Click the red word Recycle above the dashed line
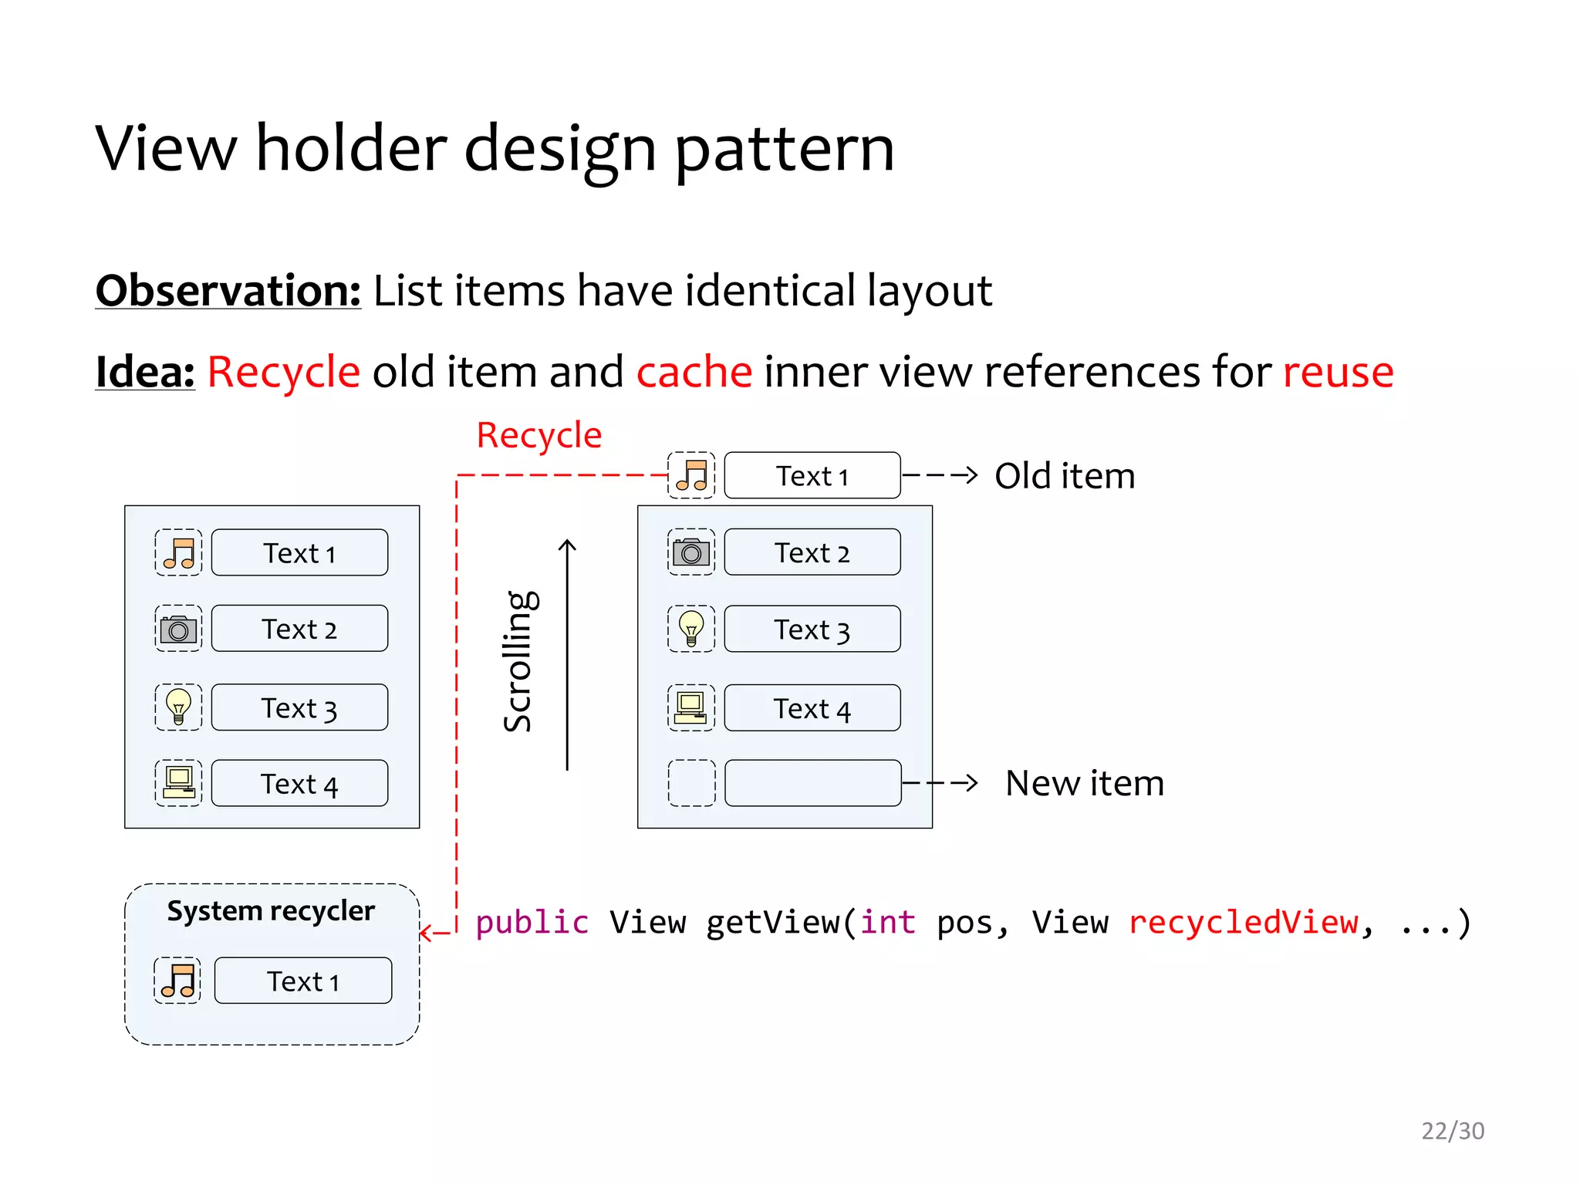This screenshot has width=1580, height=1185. [x=538, y=436]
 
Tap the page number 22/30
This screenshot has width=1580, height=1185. [x=1452, y=1130]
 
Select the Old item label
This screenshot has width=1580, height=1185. [x=1064, y=476]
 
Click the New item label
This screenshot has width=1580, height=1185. [x=1084, y=783]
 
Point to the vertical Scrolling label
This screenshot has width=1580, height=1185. [x=519, y=661]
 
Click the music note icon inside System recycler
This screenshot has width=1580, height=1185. [x=178, y=981]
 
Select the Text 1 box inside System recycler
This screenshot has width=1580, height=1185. [x=302, y=981]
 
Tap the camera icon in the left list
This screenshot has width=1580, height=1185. [x=178, y=629]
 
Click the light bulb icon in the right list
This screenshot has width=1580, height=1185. [x=691, y=629]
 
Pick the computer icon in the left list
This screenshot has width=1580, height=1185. [x=178, y=783]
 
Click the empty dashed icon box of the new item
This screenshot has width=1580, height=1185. [x=691, y=783]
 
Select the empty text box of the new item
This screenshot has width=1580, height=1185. [x=812, y=783]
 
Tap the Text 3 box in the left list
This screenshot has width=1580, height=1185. [x=299, y=707]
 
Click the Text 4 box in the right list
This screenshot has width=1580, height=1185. [x=812, y=707]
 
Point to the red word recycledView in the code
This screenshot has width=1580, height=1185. [x=1243, y=923]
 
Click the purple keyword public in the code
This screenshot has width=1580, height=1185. [x=532, y=923]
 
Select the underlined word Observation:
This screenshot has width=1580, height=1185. [x=228, y=291]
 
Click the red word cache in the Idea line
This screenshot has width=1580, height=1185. [x=694, y=372]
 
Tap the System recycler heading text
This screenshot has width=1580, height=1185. [x=271, y=911]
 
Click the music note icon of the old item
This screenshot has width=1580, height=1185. [x=691, y=475]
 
